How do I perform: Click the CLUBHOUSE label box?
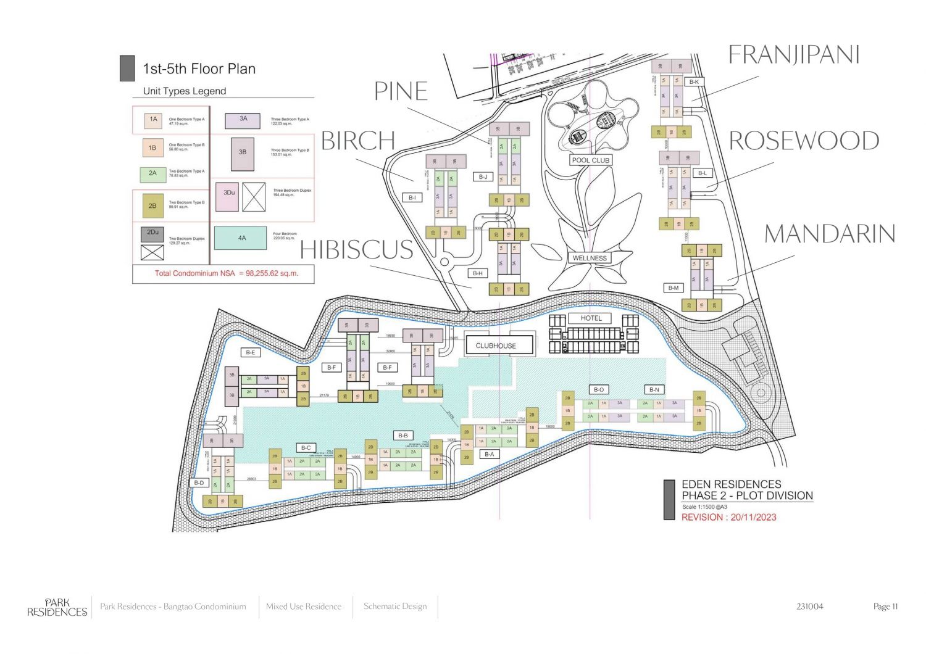tap(496, 346)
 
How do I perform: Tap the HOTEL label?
tap(591, 318)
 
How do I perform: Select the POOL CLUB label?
tap(590, 160)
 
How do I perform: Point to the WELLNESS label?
tap(590, 259)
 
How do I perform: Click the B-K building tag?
tap(694, 82)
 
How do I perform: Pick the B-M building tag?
tap(674, 288)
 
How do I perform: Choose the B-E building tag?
tap(251, 353)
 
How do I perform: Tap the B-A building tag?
tap(489, 454)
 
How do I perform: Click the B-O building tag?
tap(599, 390)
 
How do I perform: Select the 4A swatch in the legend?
tap(241, 238)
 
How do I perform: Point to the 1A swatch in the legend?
tap(153, 120)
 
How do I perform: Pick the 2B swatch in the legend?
tap(152, 206)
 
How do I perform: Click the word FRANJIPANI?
tap(794, 55)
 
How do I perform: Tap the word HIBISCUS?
tap(357, 250)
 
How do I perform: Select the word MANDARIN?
tap(830, 234)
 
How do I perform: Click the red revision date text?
tap(728, 518)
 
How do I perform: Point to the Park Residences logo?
tap(57, 608)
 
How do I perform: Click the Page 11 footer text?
tap(885, 606)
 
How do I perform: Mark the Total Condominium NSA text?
tap(226, 273)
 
